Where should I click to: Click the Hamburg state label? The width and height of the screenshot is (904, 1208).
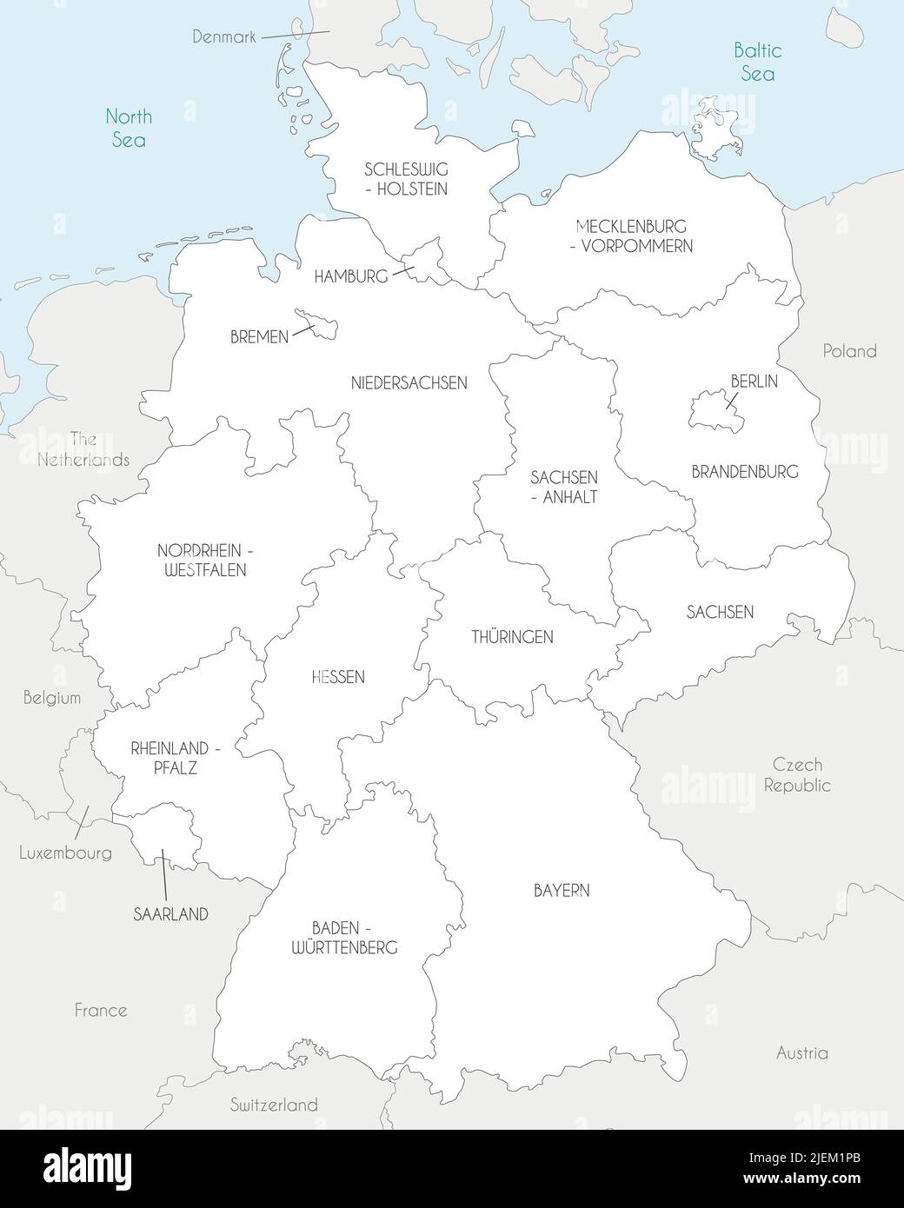pyautogui.click(x=350, y=276)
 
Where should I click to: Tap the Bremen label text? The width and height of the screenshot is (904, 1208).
pyautogui.click(x=259, y=336)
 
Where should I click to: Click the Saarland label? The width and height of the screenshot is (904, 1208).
pyautogui.click(x=170, y=913)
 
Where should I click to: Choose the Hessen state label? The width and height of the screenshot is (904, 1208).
pyautogui.click(x=338, y=676)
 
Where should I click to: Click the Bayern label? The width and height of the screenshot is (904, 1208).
pyautogui.click(x=562, y=890)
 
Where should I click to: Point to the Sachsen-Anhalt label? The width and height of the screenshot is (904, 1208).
pyautogui.click(x=564, y=488)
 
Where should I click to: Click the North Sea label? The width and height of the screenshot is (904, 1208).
pyautogui.click(x=129, y=127)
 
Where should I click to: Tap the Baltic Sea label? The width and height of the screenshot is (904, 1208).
pyautogui.click(x=758, y=62)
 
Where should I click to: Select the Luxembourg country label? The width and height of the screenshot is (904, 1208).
pyautogui.click(x=66, y=853)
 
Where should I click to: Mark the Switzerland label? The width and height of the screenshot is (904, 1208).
pyautogui.click(x=274, y=1105)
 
